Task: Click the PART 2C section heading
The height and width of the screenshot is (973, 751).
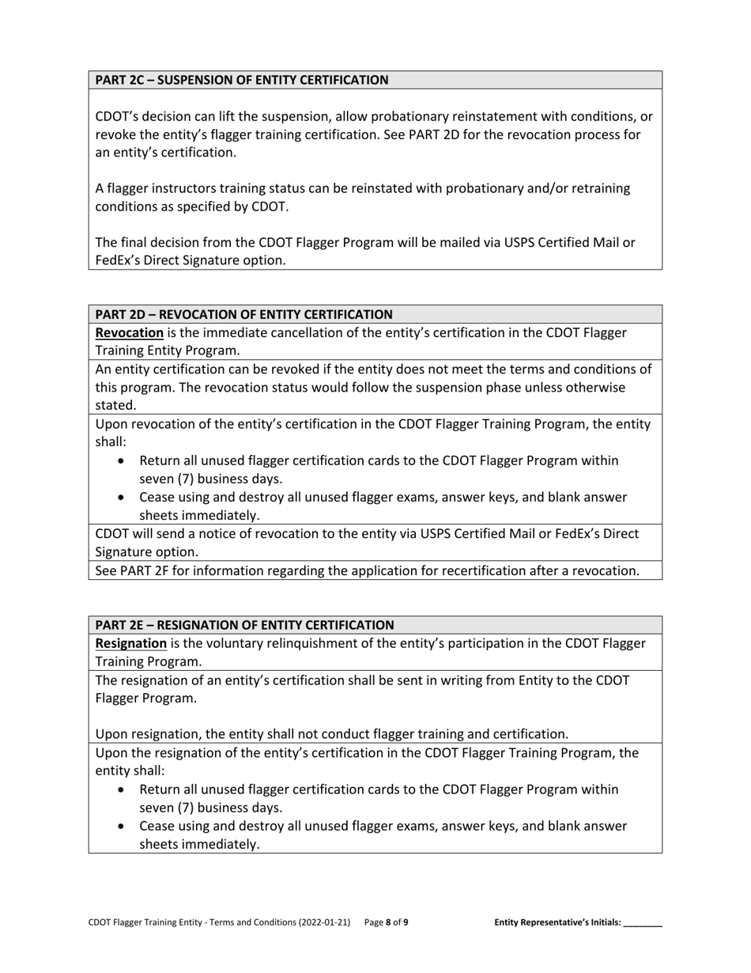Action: tap(242, 80)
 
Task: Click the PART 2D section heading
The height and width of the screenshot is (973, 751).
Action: tap(243, 314)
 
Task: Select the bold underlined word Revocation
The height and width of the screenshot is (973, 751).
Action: tap(129, 332)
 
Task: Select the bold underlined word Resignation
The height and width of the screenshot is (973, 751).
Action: tap(130, 643)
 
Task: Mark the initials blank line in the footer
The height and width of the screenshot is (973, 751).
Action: tap(643, 923)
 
